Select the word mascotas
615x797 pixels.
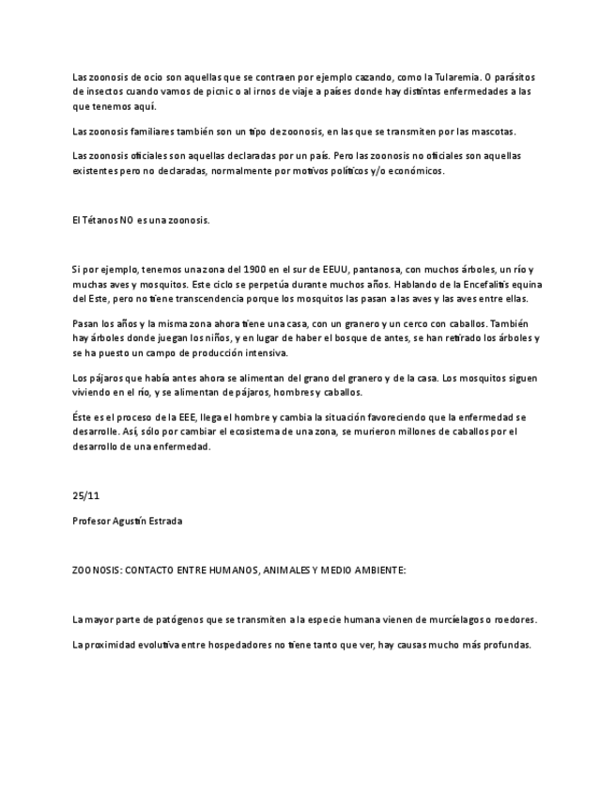click(493, 132)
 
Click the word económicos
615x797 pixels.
click(413, 171)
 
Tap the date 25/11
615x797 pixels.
click(85, 495)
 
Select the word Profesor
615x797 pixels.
click(91, 521)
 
